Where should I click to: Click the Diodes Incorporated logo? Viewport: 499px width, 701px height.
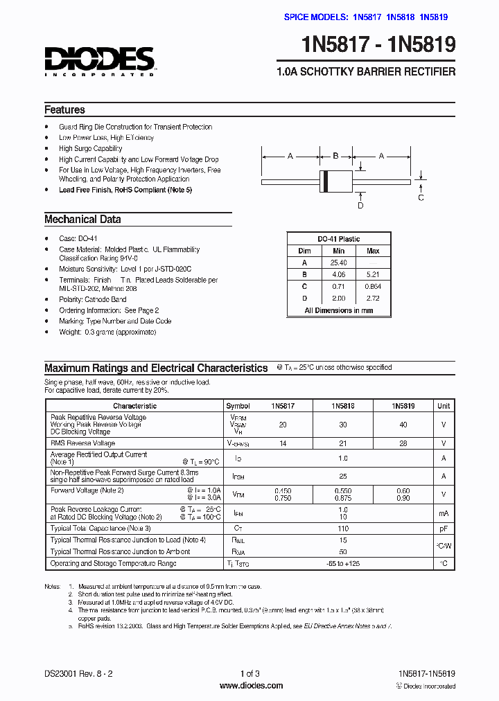[99, 61]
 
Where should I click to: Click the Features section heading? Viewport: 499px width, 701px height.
[64, 110]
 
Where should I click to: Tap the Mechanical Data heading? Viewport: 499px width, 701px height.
[82, 220]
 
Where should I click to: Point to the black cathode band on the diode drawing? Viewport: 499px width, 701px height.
[324, 180]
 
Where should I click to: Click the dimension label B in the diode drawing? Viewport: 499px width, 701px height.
[335, 156]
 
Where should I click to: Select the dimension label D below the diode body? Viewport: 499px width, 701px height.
[360, 205]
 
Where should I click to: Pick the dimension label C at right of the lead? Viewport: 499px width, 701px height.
[421, 198]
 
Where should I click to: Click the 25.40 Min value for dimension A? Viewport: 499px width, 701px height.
[338, 263]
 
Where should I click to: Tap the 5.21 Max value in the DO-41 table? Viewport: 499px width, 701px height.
[373, 274]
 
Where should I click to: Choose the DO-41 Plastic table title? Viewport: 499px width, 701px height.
[339, 239]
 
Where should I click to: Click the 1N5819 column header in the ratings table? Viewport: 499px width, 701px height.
[403, 406]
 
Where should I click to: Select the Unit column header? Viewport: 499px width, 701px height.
[444, 406]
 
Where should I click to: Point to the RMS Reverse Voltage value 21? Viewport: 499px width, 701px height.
[343, 443]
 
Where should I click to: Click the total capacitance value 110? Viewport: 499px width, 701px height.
[343, 529]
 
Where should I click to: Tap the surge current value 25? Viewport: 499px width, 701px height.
[343, 477]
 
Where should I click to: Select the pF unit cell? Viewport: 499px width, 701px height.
[444, 529]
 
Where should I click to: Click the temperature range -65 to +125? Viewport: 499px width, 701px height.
[343, 564]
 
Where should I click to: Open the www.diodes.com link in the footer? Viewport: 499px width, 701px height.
[251, 686]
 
